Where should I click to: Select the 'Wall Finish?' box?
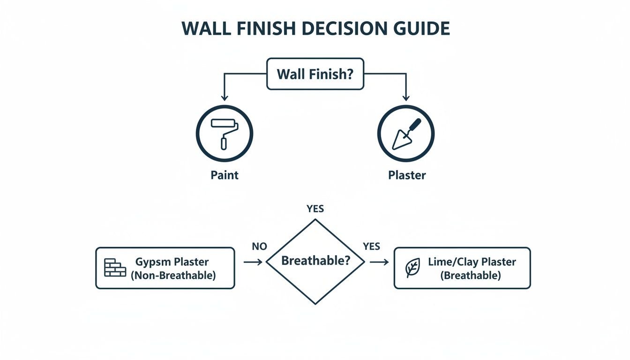[x=315, y=74]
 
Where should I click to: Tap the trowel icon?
[x=406, y=134]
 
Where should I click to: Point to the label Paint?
[x=225, y=175]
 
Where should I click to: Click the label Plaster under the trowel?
[x=407, y=175]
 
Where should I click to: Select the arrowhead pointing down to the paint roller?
[x=225, y=97]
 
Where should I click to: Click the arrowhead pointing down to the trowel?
[x=406, y=97]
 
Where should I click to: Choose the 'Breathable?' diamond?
[x=315, y=262]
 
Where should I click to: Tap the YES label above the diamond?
[x=315, y=209]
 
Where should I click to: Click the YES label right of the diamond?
[x=371, y=247]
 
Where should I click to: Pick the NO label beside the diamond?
[x=259, y=247]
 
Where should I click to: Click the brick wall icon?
[x=115, y=268]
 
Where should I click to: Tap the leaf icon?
[x=412, y=268]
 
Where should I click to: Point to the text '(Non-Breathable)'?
[x=173, y=276]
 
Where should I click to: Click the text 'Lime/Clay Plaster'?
[x=472, y=262]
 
